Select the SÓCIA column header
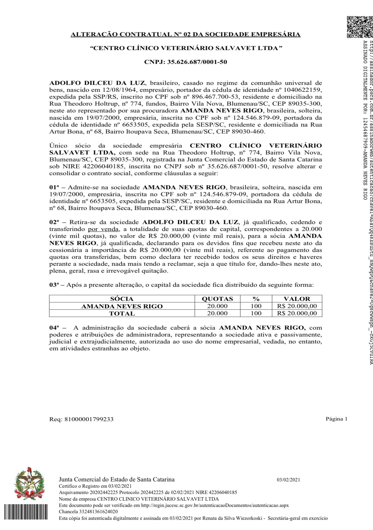tap(122, 299)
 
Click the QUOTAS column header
tap(217, 299)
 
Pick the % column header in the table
tap(256, 299)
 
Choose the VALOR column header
tap(297, 299)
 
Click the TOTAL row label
tap(122, 313)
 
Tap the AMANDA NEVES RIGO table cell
tap(122, 306)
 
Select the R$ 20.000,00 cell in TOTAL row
tap(297, 313)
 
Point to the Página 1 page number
tap(336, 419)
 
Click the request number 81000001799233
tap(89, 419)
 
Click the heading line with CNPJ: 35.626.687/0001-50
tap(185, 62)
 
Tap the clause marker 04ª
tap(54, 328)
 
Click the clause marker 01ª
tap(54, 187)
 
